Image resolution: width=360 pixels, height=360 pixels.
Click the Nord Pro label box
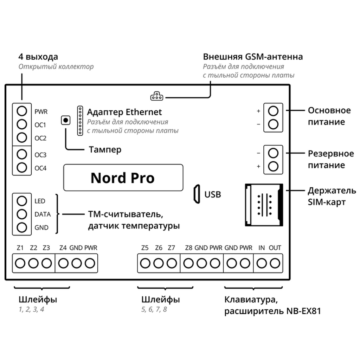click(x=123, y=178)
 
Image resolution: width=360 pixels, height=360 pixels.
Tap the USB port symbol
click(x=196, y=193)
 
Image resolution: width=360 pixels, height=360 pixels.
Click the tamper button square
click(x=65, y=121)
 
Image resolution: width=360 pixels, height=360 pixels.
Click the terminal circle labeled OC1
click(x=22, y=124)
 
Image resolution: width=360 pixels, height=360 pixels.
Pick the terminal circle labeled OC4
click(x=22, y=167)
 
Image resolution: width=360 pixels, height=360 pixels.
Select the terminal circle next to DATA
click(x=22, y=214)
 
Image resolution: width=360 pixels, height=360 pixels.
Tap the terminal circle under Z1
click(x=20, y=263)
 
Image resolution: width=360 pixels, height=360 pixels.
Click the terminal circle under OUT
click(x=275, y=263)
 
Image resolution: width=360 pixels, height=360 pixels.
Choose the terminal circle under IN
click(x=262, y=263)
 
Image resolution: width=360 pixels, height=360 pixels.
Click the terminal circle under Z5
click(x=145, y=263)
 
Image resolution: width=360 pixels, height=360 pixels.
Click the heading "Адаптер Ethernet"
click(x=124, y=112)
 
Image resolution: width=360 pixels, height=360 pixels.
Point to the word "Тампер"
click(x=105, y=150)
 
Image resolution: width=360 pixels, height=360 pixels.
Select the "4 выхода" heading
click(x=38, y=57)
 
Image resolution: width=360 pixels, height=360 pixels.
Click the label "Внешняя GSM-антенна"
click(x=253, y=57)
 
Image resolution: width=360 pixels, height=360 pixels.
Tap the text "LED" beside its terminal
click(x=40, y=201)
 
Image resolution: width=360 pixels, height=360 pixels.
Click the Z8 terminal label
click(x=188, y=248)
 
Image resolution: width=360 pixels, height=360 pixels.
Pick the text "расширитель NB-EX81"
click(x=273, y=311)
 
